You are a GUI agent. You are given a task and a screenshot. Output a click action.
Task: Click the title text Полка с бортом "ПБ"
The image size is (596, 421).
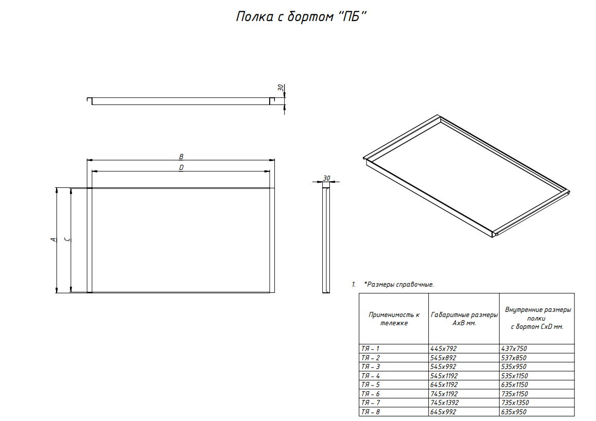pyautogui.click(x=301, y=17)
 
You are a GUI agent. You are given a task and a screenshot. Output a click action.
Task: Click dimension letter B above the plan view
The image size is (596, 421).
pyautogui.click(x=181, y=156)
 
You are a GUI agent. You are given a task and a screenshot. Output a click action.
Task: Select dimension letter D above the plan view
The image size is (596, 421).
pyautogui.click(x=181, y=168)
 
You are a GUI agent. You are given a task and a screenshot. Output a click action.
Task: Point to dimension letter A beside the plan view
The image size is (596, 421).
pyautogui.click(x=53, y=240)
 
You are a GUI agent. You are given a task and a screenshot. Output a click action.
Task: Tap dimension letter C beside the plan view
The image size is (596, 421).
pyautogui.click(x=67, y=239)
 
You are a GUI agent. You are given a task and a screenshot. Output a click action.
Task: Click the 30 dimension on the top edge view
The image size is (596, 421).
pyautogui.click(x=281, y=88)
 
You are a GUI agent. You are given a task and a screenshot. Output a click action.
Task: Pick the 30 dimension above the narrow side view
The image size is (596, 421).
pyautogui.click(x=326, y=178)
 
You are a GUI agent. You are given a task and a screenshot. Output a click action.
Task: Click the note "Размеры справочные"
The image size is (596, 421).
pyautogui.click(x=399, y=284)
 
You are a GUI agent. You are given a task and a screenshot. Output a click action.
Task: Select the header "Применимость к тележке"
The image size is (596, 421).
pyautogui.click(x=394, y=319)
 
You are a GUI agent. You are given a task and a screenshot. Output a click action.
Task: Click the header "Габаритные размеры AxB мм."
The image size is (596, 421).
pyautogui.click(x=464, y=319)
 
